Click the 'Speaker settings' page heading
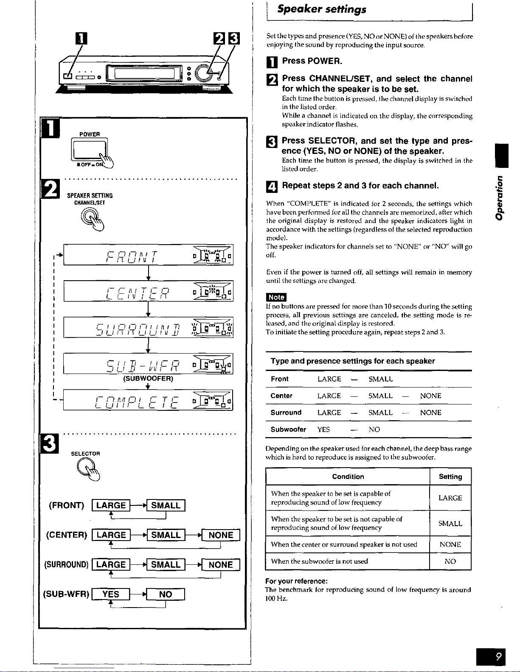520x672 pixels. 321,9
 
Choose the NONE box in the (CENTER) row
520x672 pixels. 221,535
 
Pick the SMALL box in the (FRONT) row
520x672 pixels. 166,505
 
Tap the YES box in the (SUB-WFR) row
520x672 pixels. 111,594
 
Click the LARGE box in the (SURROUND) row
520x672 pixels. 111,565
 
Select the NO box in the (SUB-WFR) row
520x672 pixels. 166,594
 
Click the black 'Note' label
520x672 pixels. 276,297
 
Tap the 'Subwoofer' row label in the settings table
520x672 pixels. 288,429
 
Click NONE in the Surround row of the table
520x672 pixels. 430,413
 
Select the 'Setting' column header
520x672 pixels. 450,477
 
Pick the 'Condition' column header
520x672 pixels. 348,477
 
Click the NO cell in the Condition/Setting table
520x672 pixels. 450,561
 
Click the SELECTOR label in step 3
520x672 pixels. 85,454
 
